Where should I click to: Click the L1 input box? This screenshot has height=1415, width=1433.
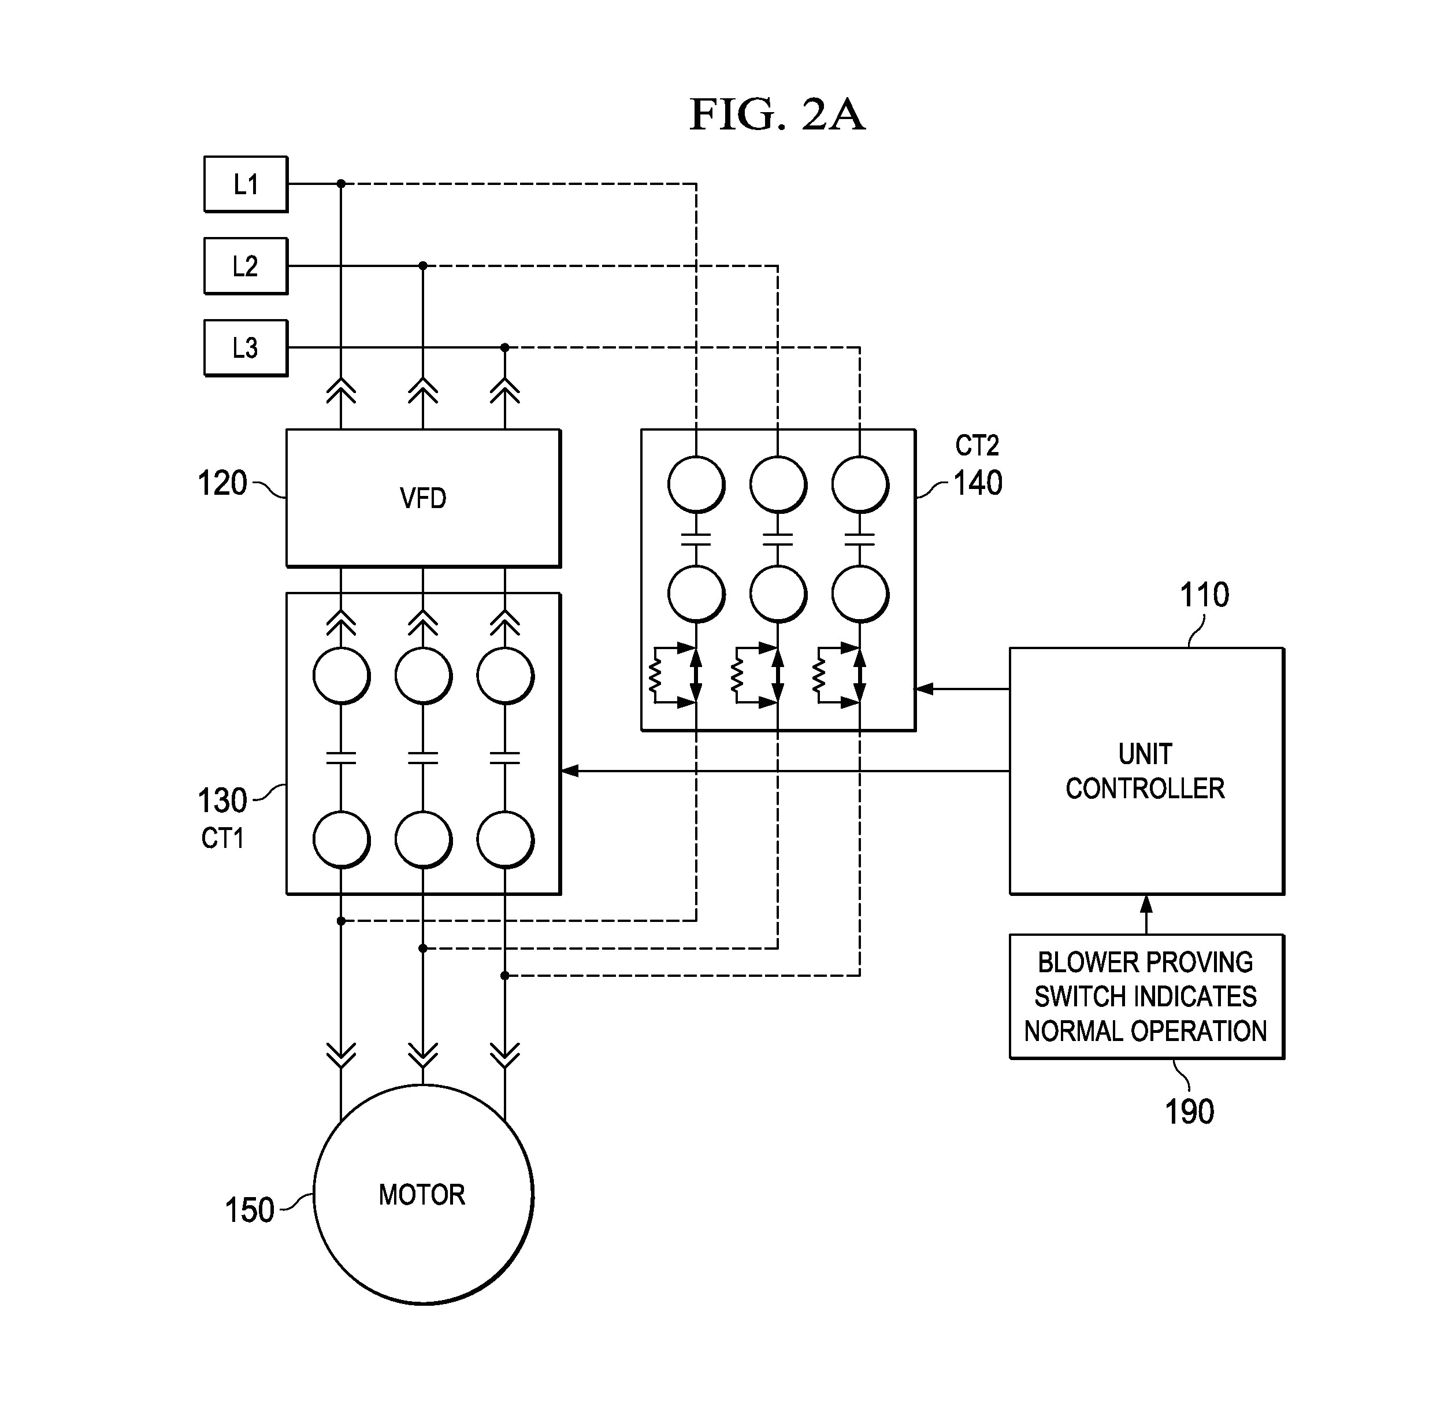pos(246,184)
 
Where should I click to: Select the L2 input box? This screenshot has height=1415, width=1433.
pos(246,266)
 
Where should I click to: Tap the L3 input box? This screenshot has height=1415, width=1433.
pos(246,347)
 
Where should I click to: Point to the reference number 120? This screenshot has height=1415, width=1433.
pos(222,484)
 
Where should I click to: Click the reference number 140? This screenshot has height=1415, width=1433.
pos(978,484)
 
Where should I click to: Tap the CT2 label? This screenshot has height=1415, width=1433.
pos(977,445)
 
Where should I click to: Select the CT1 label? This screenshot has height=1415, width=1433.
pos(222,839)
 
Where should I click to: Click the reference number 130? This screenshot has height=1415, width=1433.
pos(222,801)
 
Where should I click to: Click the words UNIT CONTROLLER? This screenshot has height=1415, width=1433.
pos(1145,771)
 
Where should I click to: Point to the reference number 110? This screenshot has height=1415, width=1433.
pos(1204,595)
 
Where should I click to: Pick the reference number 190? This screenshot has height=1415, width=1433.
pos(1189,1112)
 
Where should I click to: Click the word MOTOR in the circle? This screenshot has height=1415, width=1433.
pos(421,1195)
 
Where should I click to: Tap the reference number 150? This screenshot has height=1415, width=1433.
pos(249,1210)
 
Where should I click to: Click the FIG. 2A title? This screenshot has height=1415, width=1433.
pos(777,115)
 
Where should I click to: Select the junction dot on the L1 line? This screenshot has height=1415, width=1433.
pos(341,183)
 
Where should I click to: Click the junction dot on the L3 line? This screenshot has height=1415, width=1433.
pos(505,347)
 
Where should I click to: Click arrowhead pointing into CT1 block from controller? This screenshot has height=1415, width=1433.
pos(570,771)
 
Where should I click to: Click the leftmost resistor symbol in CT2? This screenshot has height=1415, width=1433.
pos(655,675)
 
